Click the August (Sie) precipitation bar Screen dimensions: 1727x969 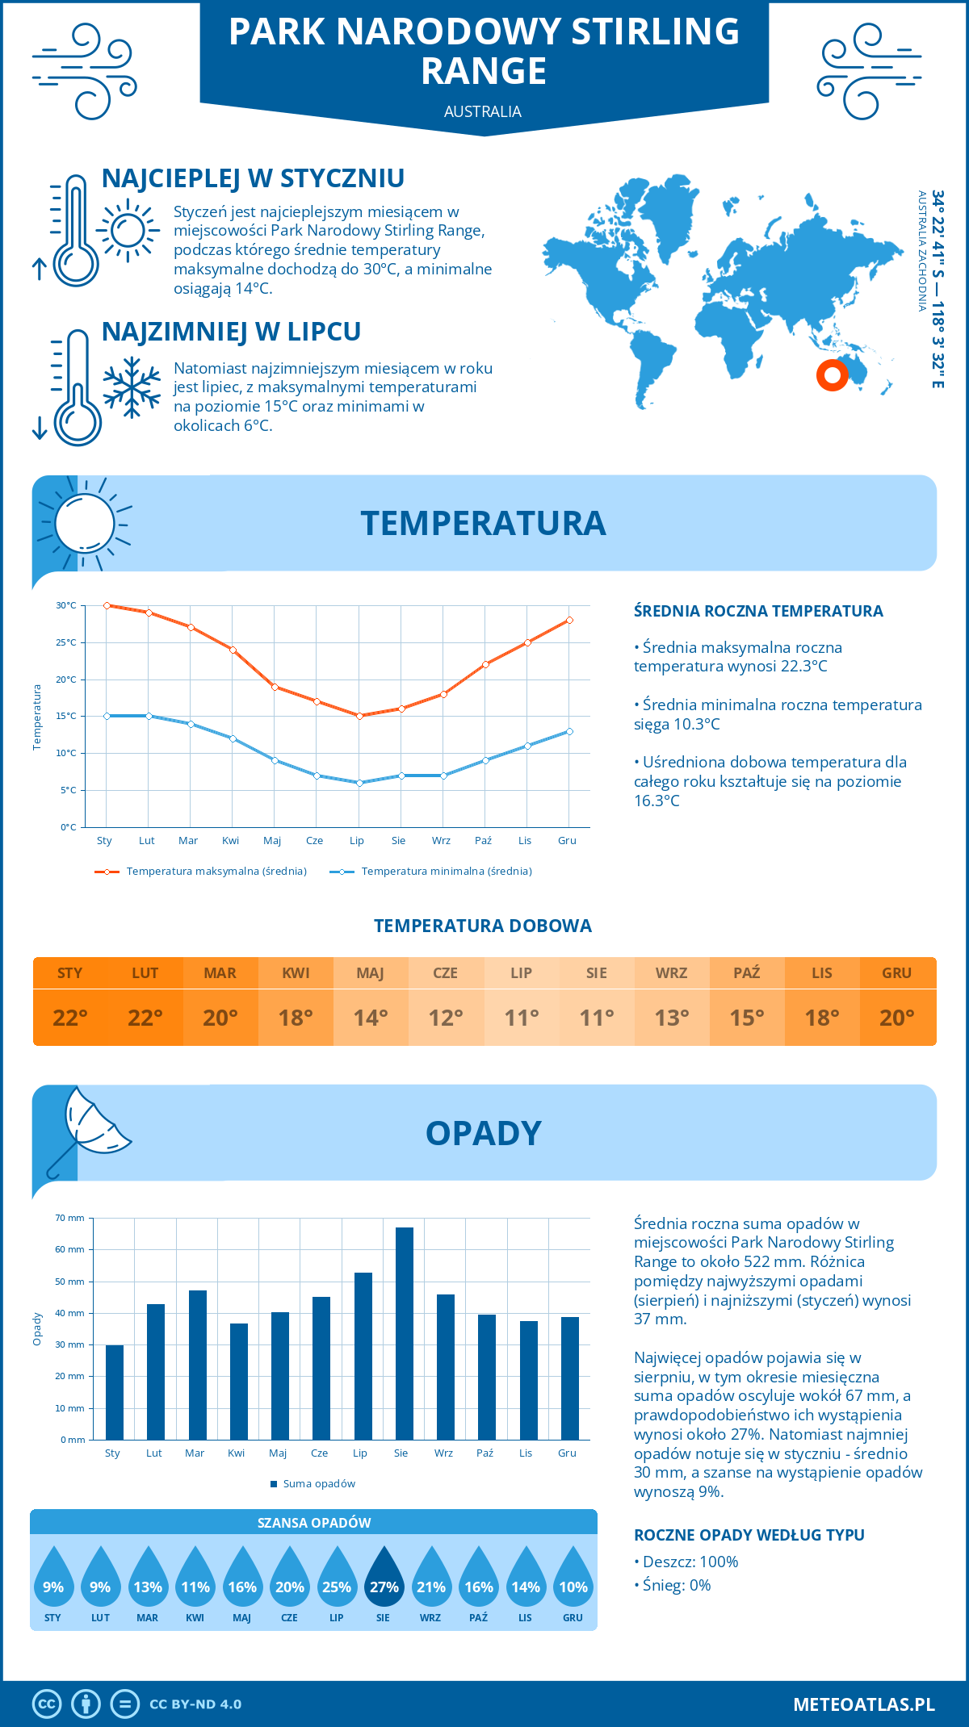click(404, 1333)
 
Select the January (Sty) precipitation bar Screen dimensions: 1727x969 click(115, 1392)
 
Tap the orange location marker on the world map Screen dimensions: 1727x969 click(832, 375)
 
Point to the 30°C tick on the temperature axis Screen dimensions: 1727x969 click(66, 605)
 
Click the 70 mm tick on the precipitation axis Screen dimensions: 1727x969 click(70, 1218)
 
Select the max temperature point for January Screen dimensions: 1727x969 click(107, 605)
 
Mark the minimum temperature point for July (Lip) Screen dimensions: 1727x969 click(359, 783)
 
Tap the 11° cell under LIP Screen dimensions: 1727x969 click(521, 1018)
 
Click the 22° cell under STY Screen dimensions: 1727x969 click(70, 1018)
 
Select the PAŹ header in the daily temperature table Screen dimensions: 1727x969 click(746, 972)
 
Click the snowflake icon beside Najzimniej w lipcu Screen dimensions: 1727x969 click(132, 387)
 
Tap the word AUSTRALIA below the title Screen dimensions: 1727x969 click(483, 111)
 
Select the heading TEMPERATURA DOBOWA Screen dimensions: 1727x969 click(483, 926)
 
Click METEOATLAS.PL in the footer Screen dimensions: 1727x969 click(863, 1704)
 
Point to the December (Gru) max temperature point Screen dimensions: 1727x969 click(569, 620)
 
